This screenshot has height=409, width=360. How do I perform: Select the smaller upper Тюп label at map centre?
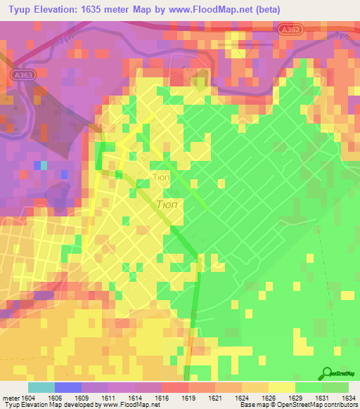(160, 177)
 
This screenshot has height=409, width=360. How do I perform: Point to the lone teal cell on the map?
(43, 165)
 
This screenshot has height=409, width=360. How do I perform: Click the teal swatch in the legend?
(41, 387)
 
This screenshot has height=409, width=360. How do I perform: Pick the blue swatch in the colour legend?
(67, 387)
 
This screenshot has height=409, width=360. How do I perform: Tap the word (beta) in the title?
(261, 9)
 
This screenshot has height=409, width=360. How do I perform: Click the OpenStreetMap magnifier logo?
(328, 372)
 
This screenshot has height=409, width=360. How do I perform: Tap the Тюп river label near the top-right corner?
(342, 34)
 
